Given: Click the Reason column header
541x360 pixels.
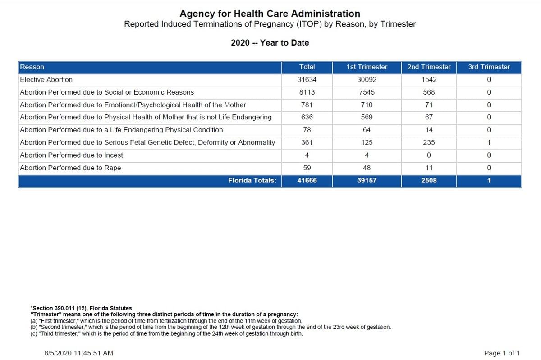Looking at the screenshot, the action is [32, 67].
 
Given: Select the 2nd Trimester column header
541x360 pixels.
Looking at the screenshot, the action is [429, 67].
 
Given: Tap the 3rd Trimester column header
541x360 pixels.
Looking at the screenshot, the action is [489, 67].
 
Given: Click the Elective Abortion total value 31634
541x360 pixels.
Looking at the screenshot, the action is [307, 80].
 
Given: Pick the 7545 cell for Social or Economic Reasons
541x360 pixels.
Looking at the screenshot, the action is [367, 92].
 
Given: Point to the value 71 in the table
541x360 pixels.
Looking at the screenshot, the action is [429, 105].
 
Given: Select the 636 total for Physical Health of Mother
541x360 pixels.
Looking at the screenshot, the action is [307, 117].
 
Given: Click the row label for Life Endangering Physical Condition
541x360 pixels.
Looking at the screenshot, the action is [121, 130].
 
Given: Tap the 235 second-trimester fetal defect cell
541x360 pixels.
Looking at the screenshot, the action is [429, 142].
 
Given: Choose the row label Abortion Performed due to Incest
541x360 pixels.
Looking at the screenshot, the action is [71, 155].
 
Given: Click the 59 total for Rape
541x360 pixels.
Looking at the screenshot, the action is [307, 168].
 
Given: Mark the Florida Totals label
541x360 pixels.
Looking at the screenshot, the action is [252, 180].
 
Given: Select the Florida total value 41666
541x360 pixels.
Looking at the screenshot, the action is [307, 180].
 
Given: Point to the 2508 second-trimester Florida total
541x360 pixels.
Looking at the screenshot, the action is [429, 180].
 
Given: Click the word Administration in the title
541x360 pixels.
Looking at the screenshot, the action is [326, 14].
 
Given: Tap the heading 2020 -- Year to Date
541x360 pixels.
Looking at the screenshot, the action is [270, 43].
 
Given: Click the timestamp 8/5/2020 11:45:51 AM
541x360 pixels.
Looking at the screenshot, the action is [78, 353].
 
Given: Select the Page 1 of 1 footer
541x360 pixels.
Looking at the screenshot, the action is [502, 353].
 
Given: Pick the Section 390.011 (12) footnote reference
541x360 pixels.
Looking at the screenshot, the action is [82, 308].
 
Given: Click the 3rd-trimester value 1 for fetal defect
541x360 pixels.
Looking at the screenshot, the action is [489, 142].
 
